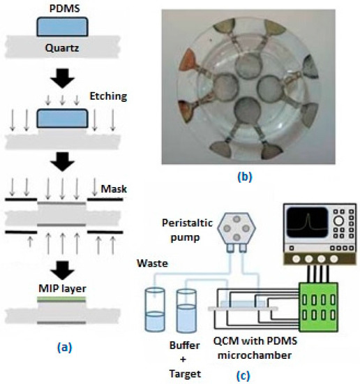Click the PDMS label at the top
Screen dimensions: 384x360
point(61,8)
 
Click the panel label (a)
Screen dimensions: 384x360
point(61,344)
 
